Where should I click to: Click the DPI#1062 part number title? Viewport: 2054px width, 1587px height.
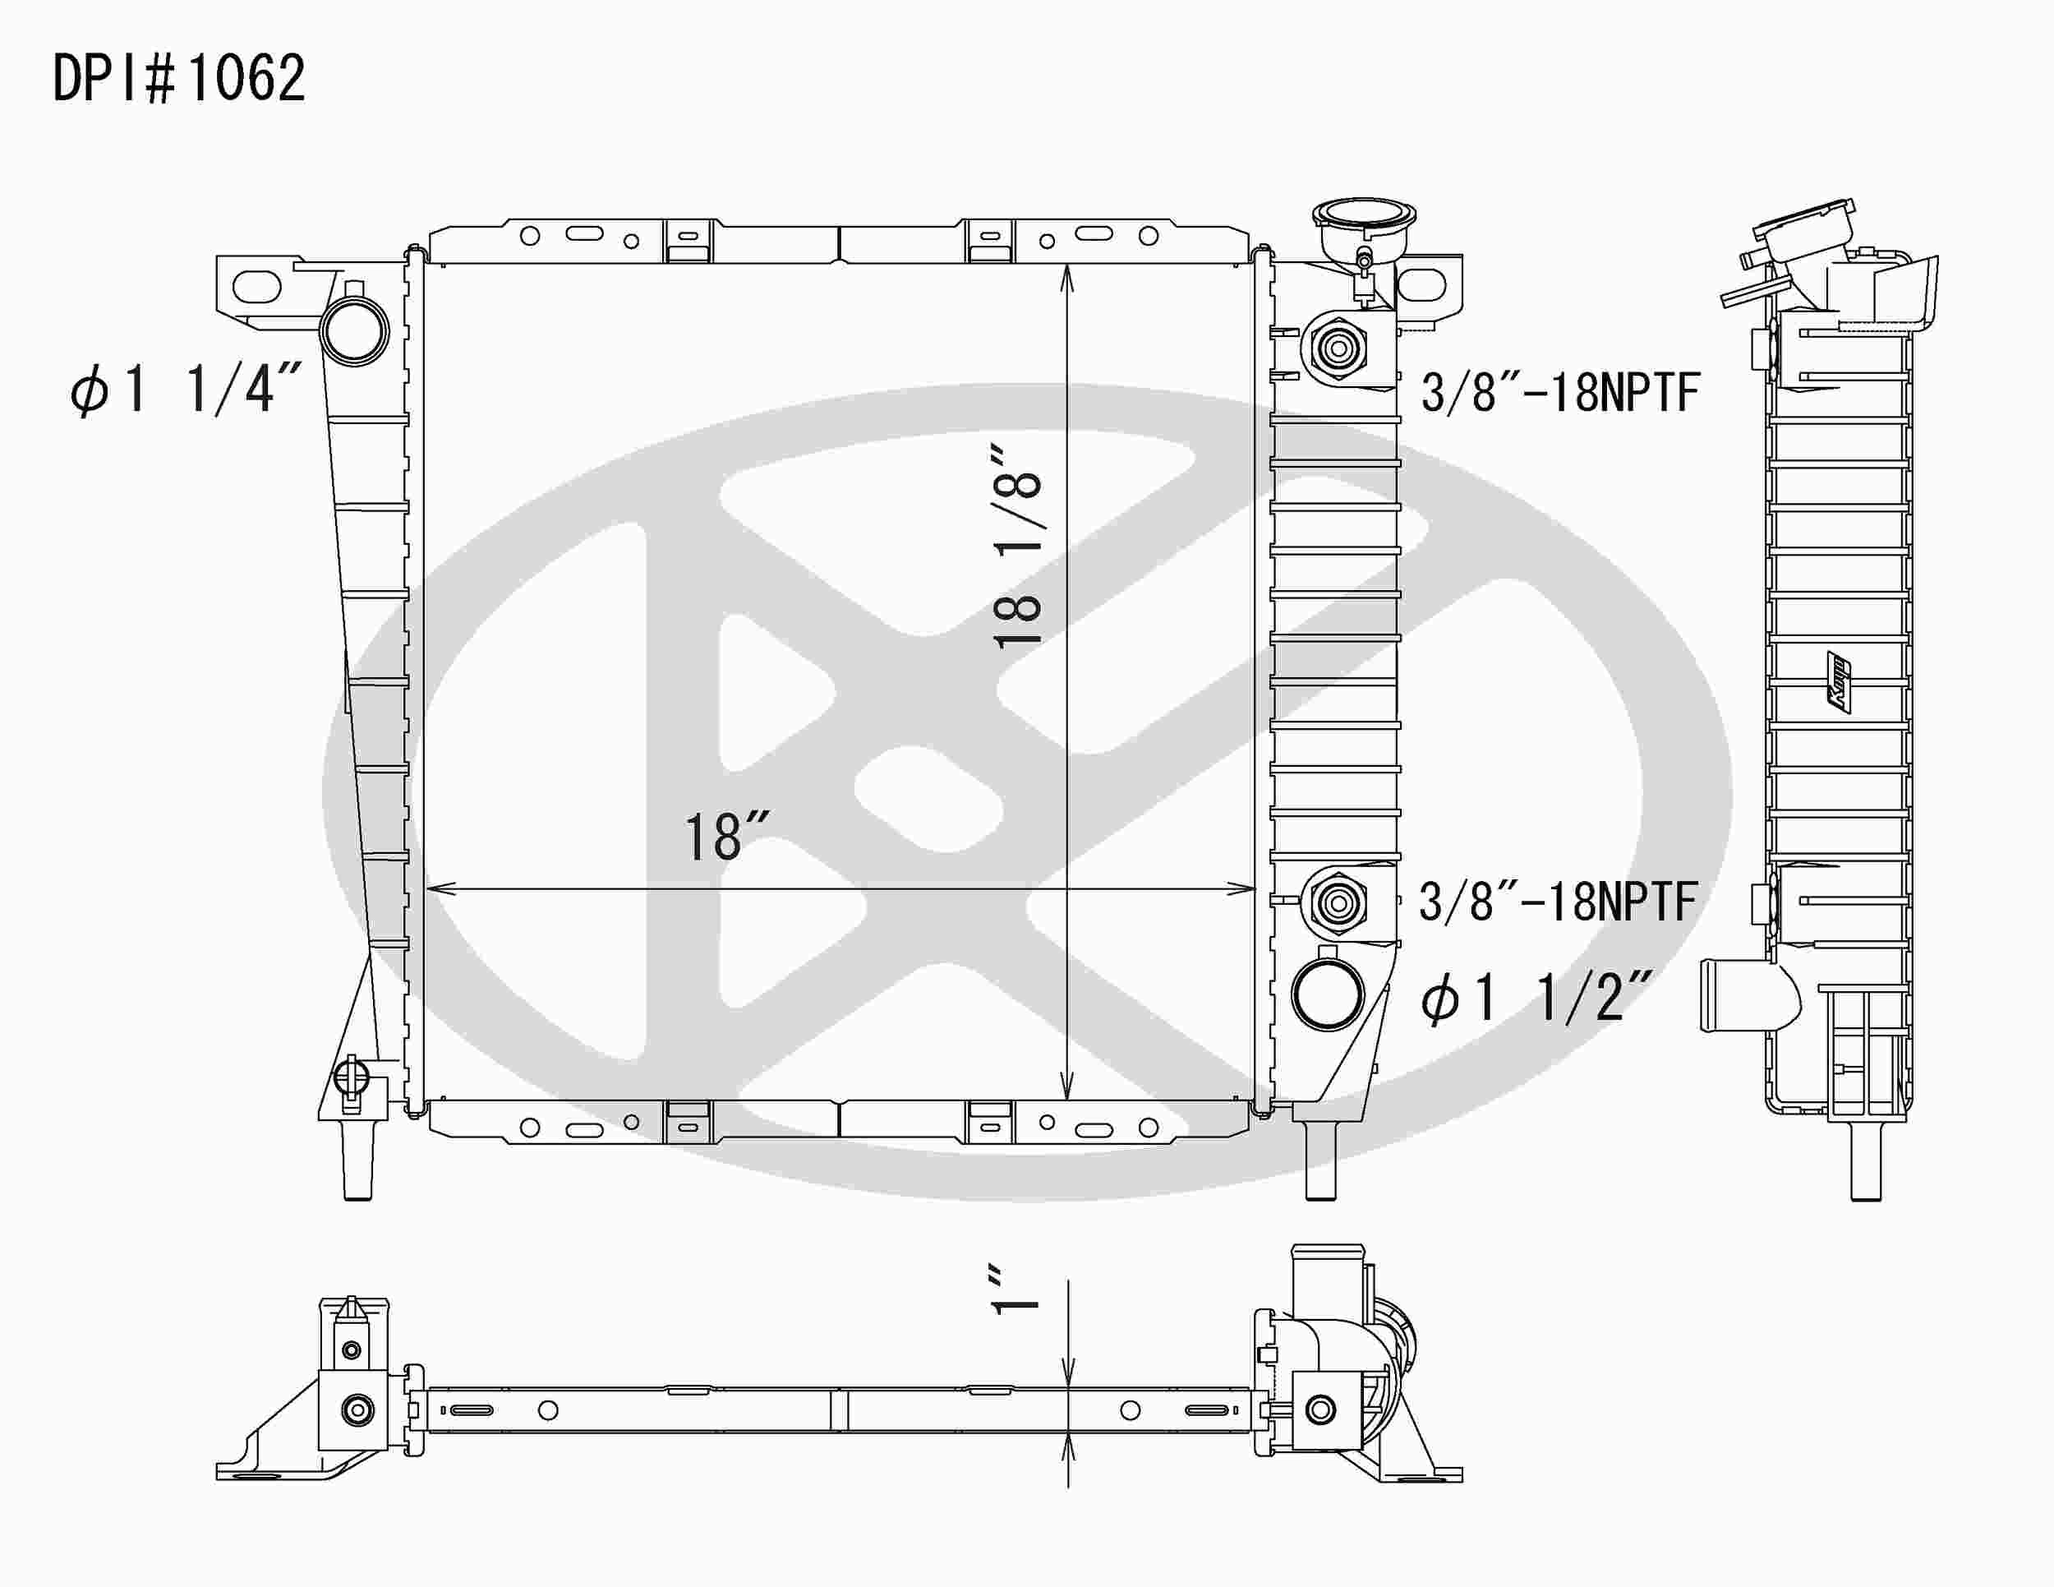tap(178, 78)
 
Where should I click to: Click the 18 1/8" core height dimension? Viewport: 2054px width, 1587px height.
tap(1018, 547)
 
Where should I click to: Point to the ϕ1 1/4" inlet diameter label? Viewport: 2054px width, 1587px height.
tap(186, 389)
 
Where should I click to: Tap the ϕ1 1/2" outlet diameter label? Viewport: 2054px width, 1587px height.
tap(1536, 998)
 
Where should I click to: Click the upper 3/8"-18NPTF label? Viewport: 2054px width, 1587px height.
tap(1560, 392)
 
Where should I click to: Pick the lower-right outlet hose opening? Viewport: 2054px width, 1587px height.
tap(1327, 994)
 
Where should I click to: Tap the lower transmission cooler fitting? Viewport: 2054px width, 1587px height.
tap(1338, 903)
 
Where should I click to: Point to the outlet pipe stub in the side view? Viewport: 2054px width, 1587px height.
tap(1740, 995)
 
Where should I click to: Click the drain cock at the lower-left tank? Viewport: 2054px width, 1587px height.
tap(352, 1078)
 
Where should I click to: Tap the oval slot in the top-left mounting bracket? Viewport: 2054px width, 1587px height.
tap(256, 285)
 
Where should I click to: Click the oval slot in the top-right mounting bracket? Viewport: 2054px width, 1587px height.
tap(1421, 285)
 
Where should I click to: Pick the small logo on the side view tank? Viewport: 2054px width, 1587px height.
tap(1838, 681)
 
